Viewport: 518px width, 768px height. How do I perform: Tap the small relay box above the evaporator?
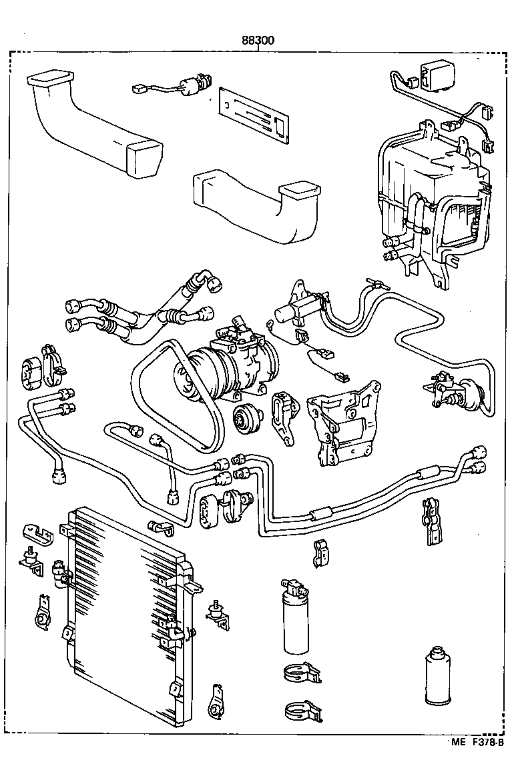(432, 74)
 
